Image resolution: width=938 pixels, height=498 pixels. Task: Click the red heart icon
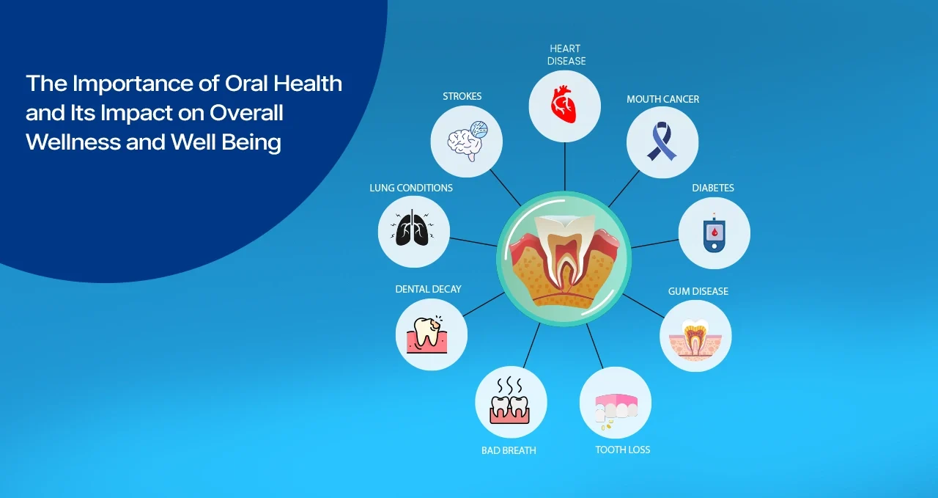tap(564, 106)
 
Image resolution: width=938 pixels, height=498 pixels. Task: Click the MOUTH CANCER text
tap(662, 99)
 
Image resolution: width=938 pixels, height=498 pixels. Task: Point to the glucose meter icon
tap(714, 233)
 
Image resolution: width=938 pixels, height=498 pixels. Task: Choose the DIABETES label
tap(713, 188)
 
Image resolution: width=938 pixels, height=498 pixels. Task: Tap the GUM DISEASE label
tap(698, 291)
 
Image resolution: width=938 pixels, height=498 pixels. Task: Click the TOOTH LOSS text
tap(622, 450)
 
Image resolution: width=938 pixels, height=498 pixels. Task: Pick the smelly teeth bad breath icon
tap(511, 402)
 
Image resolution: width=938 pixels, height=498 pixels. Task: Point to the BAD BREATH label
tap(509, 450)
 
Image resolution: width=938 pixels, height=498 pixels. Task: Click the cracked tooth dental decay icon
tap(431, 334)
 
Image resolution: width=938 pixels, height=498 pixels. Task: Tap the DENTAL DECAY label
tap(428, 289)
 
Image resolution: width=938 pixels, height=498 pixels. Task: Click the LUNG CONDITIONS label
tap(410, 188)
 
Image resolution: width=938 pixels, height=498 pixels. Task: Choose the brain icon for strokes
tap(466, 141)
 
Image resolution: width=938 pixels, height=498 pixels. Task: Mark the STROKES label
tap(462, 96)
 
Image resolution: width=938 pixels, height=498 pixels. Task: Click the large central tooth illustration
tap(564, 260)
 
